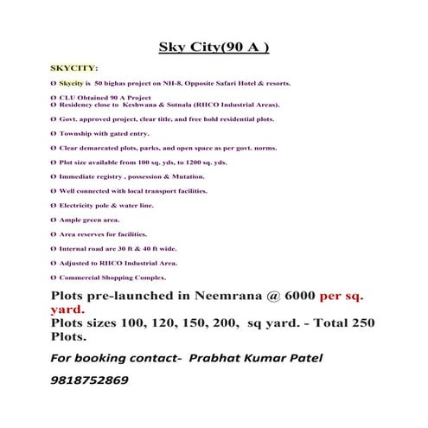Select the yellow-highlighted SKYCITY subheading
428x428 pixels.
[73, 67]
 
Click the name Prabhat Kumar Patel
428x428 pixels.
[259, 356]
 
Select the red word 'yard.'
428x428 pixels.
[67, 309]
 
